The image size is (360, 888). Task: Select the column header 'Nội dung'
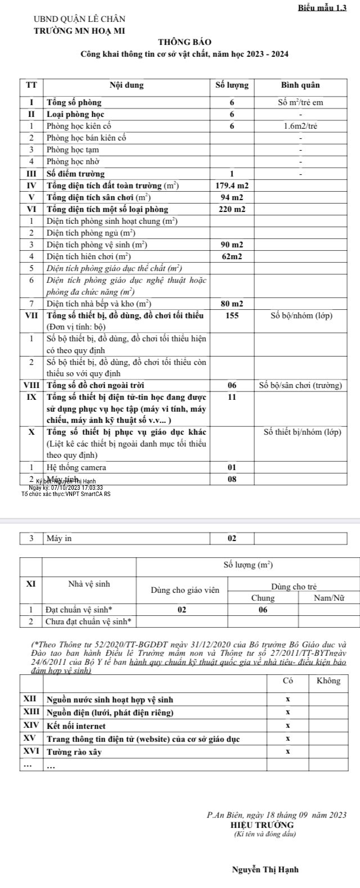(127, 85)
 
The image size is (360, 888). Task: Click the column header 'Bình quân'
(300, 85)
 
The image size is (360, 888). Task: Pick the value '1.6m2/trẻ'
(300, 126)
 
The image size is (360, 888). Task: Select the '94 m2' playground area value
(232, 197)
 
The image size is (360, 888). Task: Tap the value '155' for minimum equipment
(232, 315)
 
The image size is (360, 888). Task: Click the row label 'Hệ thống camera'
(76, 467)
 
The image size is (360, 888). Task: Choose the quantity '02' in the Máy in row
(232, 539)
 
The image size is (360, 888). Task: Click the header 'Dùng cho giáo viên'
(184, 590)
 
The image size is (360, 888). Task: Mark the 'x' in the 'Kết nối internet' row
(287, 726)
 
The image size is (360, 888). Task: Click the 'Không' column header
(328, 681)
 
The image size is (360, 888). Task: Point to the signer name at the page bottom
(265, 869)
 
